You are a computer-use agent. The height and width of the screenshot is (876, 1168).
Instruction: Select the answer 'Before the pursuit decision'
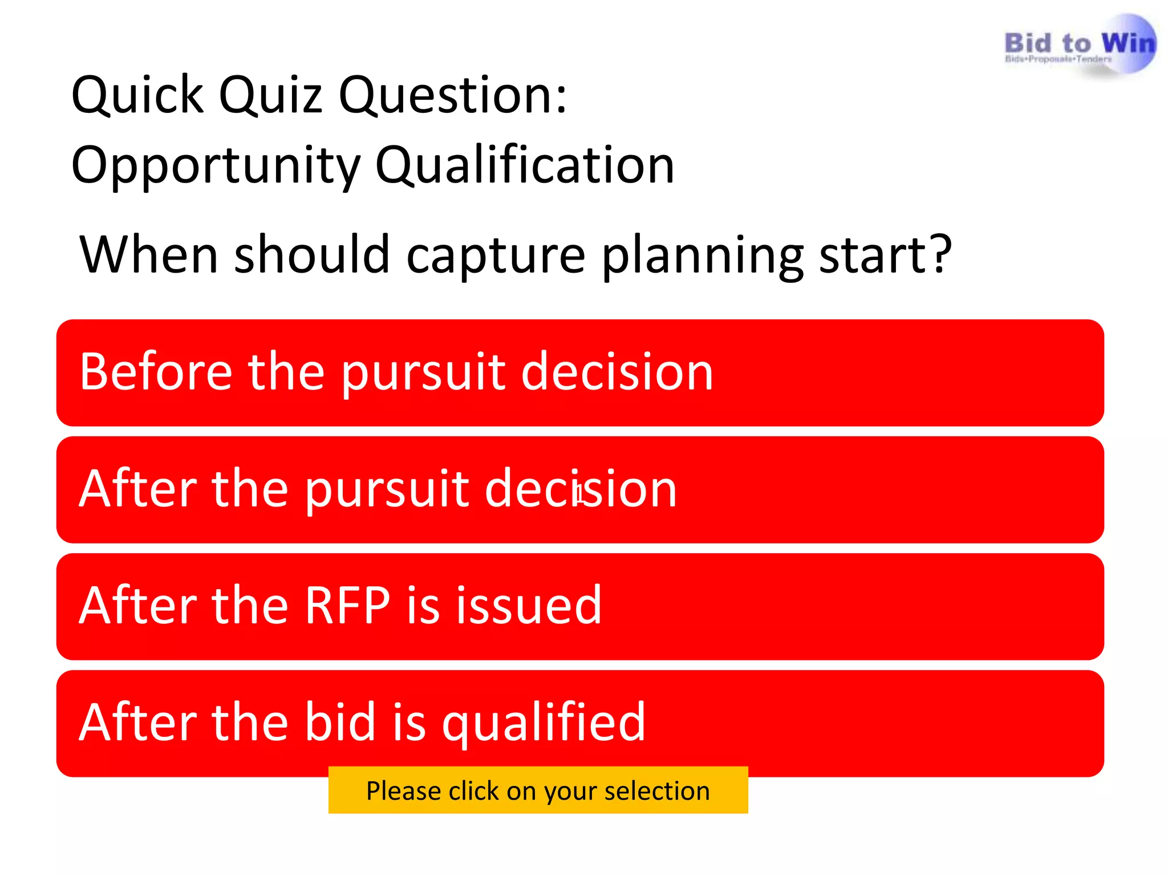tap(579, 372)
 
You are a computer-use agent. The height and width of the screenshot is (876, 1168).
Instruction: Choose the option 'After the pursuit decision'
tap(579, 489)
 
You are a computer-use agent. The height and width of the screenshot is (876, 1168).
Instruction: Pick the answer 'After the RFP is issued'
tap(579, 606)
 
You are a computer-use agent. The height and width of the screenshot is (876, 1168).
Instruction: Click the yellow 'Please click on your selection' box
tap(538, 790)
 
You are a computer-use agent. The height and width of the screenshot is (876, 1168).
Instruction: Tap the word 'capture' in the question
tap(495, 255)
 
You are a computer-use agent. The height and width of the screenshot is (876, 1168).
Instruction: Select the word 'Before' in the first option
tap(156, 372)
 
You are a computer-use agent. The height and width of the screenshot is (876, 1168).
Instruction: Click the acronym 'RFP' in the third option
tap(347, 605)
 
